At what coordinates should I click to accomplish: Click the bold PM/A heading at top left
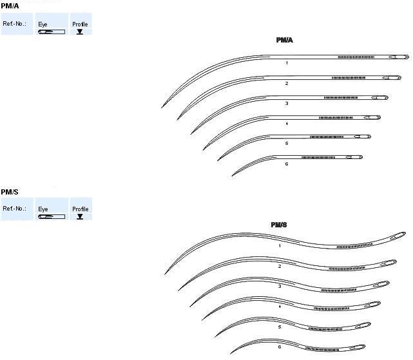(x=10, y=5)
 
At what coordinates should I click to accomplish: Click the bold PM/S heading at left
(x=10, y=191)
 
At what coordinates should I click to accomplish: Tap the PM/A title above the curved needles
(x=285, y=40)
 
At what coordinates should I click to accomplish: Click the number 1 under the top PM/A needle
(x=286, y=64)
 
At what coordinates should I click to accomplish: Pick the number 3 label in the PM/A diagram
(x=286, y=103)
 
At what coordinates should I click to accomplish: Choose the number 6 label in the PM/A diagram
(x=286, y=164)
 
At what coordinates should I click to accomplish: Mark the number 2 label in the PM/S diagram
(x=280, y=266)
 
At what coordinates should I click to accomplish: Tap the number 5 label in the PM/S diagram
(x=280, y=327)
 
